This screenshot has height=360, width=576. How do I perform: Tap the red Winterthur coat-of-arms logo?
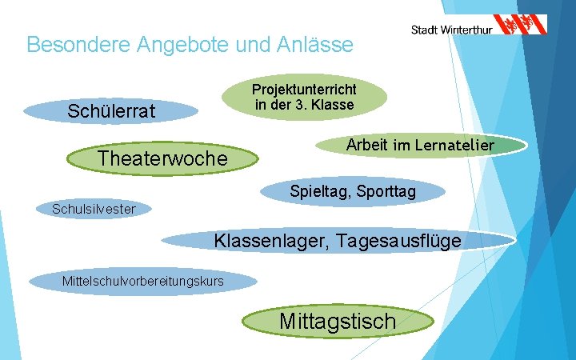pyautogui.click(x=520, y=24)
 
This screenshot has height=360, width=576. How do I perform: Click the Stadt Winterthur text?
pyautogui.click(x=451, y=30)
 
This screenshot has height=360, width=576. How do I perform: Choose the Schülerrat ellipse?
pyautogui.click(x=111, y=110)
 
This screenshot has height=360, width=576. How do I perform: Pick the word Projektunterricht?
pyautogui.click(x=304, y=90)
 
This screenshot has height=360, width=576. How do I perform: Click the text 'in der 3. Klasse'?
pyautogui.click(x=304, y=105)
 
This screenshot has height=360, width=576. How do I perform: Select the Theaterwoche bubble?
pyautogui.click(x=162, y=158)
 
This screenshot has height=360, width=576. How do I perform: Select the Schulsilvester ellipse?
pyautogui.click(x=94, y=210)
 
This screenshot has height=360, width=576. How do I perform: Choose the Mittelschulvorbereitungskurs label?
pyautogui.click(x=143, y=281)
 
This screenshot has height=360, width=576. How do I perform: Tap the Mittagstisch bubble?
pyautogui.click(x=338, y=321)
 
